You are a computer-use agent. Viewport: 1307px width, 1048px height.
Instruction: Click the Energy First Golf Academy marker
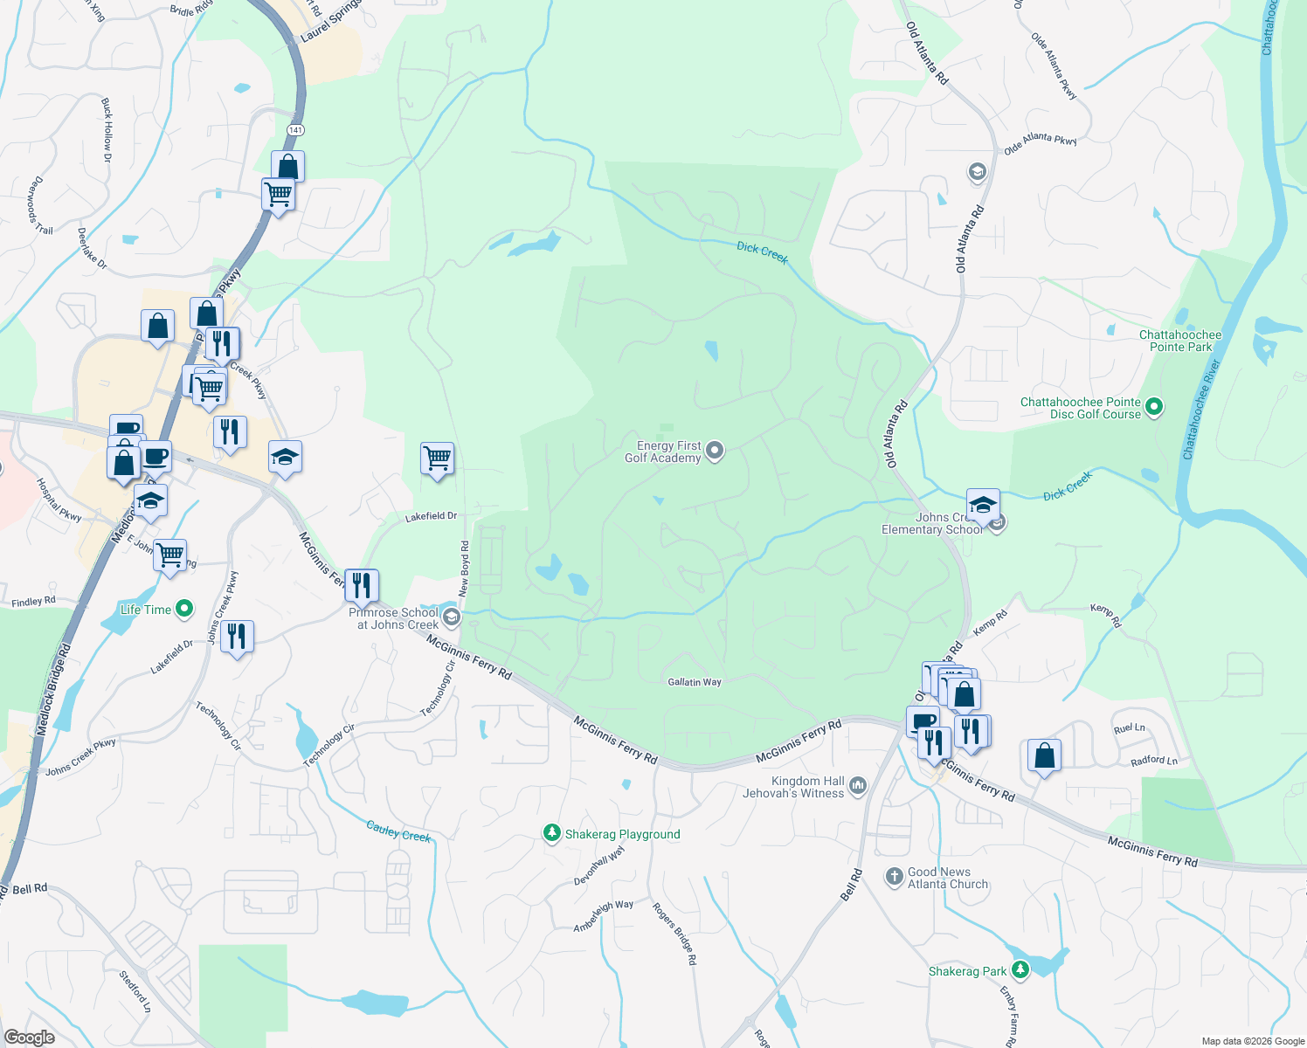pos(715,451)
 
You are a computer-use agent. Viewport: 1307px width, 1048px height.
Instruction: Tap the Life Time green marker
pos(184,609)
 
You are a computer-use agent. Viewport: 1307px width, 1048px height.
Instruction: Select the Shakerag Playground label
pos(622,834)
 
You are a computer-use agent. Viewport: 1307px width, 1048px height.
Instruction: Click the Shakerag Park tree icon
pos(1020,970)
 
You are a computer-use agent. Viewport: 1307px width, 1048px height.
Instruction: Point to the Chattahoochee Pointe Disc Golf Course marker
pos(1154,407)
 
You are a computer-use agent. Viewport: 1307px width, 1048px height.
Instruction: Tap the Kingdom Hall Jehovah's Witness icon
pos(857,786)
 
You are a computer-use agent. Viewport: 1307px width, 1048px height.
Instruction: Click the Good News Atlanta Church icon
pos(894,876)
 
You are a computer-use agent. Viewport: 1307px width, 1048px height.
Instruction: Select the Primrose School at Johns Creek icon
pos(452,617)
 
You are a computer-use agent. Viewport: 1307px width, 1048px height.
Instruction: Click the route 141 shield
pos(295,130)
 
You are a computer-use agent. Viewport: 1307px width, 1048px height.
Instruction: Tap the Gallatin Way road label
pos(695,682)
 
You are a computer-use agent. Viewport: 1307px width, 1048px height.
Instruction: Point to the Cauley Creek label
pos(398,831)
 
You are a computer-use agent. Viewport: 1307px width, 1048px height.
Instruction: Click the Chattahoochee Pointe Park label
pos(1180,341)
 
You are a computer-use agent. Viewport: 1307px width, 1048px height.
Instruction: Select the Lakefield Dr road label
pos(431,517)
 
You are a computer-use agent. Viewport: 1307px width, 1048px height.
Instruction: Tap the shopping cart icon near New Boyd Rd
pos(437,458)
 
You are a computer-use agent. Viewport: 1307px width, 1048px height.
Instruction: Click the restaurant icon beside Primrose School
pos(362,585)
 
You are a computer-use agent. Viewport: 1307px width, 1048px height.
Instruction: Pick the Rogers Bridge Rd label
pos(675,933)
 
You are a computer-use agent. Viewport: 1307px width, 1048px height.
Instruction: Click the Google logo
pos(29,1037)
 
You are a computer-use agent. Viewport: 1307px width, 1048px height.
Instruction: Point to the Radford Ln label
pos(1153,761)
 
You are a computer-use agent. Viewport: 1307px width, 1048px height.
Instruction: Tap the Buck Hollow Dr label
pos(107,130)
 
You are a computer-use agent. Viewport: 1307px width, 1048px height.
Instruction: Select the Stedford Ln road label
pos(135,991)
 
